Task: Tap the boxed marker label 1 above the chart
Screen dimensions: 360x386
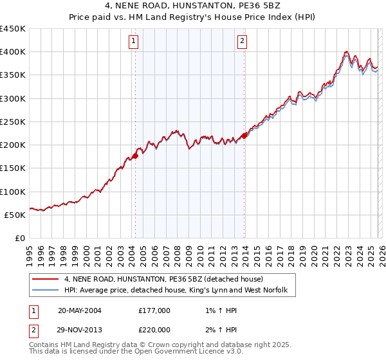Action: point(133,42)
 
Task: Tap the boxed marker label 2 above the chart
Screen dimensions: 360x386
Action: point(243,42)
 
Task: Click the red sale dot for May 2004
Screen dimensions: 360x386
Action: point(136,156)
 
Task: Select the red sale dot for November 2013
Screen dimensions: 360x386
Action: point(245,136)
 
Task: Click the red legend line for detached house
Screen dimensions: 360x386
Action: point(46,280)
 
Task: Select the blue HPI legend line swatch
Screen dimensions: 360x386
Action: point(46,291)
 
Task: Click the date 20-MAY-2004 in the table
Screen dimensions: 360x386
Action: point(80,310)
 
